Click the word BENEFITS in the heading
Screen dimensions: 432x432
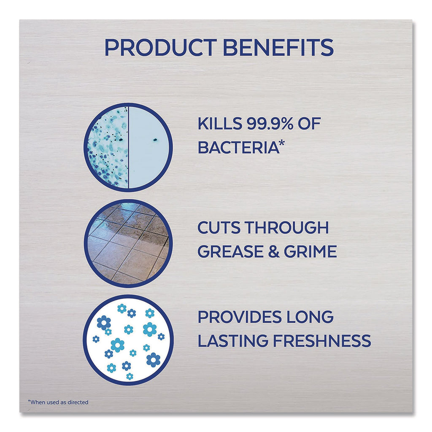[x=278, y=47]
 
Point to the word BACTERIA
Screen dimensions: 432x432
[x=239, y=147]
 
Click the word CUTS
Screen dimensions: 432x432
[x=219, y=227]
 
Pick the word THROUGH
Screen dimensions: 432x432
[x=286, y=227]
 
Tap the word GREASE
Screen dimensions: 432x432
[x=230, y=251]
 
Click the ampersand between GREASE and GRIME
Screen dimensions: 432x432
[x=273, y=251]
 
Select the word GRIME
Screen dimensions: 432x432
[x=310, y=251]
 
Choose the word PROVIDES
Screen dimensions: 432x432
[x=240, y=317]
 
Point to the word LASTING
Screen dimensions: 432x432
[x=233, y=341]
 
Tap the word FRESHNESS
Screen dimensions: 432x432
[x=322, y=341]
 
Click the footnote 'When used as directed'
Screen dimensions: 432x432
[x=58, y=402]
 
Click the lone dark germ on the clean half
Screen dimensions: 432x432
[x=155, y=140]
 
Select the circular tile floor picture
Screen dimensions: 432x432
[x=128, y=243]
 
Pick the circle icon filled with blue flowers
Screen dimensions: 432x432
[x=128, y=340]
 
